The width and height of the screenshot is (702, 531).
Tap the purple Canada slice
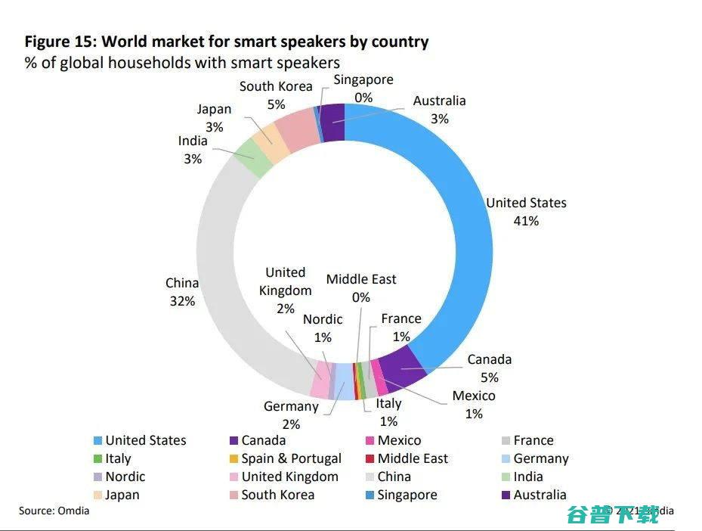(x=402, y=367)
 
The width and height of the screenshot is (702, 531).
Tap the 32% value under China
(x=181, y=301)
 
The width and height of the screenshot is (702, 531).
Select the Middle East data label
(x=361, y=279)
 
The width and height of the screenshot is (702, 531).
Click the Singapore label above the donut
(x=363, y=79)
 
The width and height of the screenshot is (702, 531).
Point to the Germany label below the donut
(x=291, y=406)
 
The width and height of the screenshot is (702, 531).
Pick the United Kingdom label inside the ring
(x=285, y=281)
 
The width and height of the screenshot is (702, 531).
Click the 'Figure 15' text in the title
(x=60, y=42)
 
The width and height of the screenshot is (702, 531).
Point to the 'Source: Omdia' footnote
(x=54, y=511)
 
